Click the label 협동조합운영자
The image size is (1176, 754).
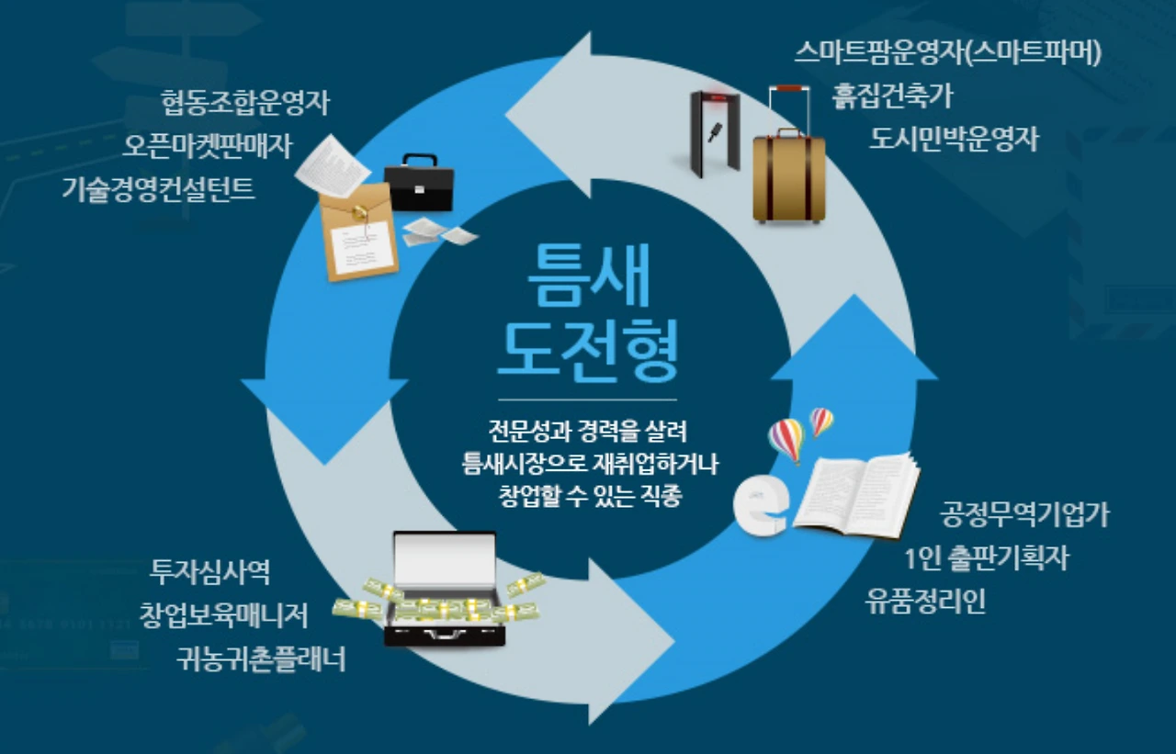click(x=244, y=102)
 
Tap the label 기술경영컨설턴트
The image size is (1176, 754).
click(x=158, y=189)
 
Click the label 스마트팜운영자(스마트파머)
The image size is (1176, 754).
click(x=947, y=52)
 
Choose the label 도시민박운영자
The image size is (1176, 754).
click(x=954, y=139)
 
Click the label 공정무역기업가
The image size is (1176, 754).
click(x=1023, y=514)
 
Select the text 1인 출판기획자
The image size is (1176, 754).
click(x=986, y=557)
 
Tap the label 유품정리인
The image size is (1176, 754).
click(x=925, y=602)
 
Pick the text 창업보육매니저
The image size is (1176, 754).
click(x=223, y=613)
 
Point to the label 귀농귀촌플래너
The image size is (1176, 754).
click(x=261, y=658)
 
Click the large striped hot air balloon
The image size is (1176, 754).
click(x=786, y=439)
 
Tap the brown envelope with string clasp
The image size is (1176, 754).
click(x=358, y=231)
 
